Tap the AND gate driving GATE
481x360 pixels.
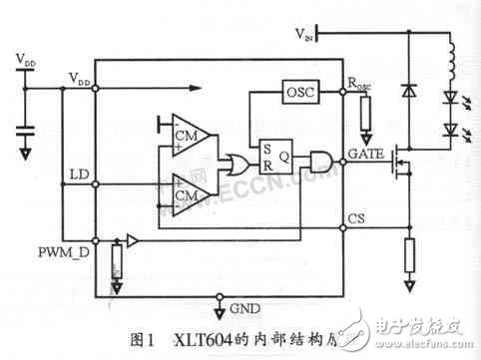point(322,160)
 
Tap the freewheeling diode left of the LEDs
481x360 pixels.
point(408,91)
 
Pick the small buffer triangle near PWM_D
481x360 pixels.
point(133,242)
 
